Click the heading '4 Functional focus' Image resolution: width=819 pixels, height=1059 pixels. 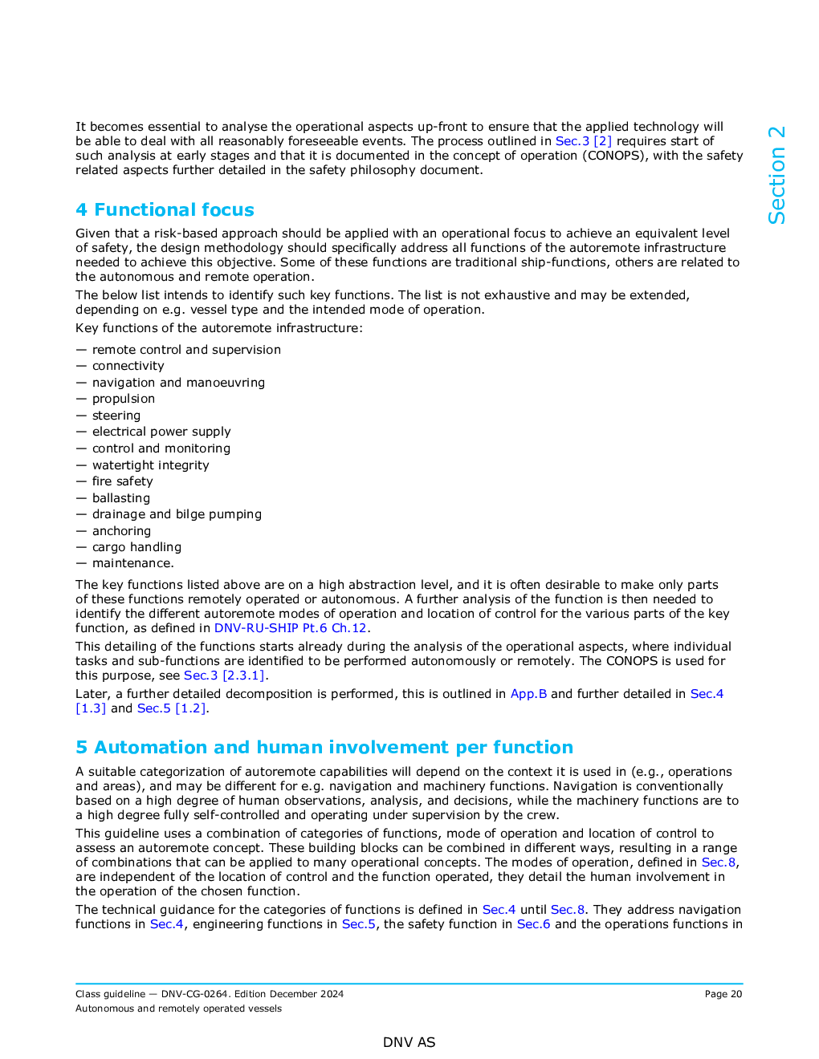tap(165, 210)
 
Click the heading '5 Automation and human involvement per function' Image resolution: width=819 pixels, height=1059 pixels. tap(324, 748)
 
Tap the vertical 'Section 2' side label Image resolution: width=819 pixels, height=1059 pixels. tap(776, 175)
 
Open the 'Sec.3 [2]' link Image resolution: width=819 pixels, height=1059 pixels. tap(583, 141)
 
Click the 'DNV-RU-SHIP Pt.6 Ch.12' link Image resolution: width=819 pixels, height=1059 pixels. tap(290, 628)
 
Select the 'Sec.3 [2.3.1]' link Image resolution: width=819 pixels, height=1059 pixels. tap(224, 676)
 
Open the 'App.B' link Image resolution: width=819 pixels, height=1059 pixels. tap(528, 694)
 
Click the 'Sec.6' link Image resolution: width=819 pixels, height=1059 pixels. tap(533, 924)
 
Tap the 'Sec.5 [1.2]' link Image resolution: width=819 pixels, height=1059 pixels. tap(172, 708)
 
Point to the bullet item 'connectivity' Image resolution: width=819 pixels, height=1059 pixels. tap(128, 366)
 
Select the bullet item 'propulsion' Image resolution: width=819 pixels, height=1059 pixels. tap(124, 399)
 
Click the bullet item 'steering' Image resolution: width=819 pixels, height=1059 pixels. tap(116, 416)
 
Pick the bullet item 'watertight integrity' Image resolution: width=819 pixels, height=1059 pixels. tap(150, 465)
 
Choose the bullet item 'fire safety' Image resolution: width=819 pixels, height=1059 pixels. tap(122, 481)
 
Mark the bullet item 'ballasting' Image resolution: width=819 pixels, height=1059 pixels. tap(121, 498)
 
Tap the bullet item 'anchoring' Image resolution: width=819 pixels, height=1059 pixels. tap(121, 531)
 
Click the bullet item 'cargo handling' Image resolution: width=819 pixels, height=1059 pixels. tap(136, 547)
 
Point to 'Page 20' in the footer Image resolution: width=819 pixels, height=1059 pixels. tap(723, 994)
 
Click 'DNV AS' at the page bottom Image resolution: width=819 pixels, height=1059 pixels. tap(409, 1042)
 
